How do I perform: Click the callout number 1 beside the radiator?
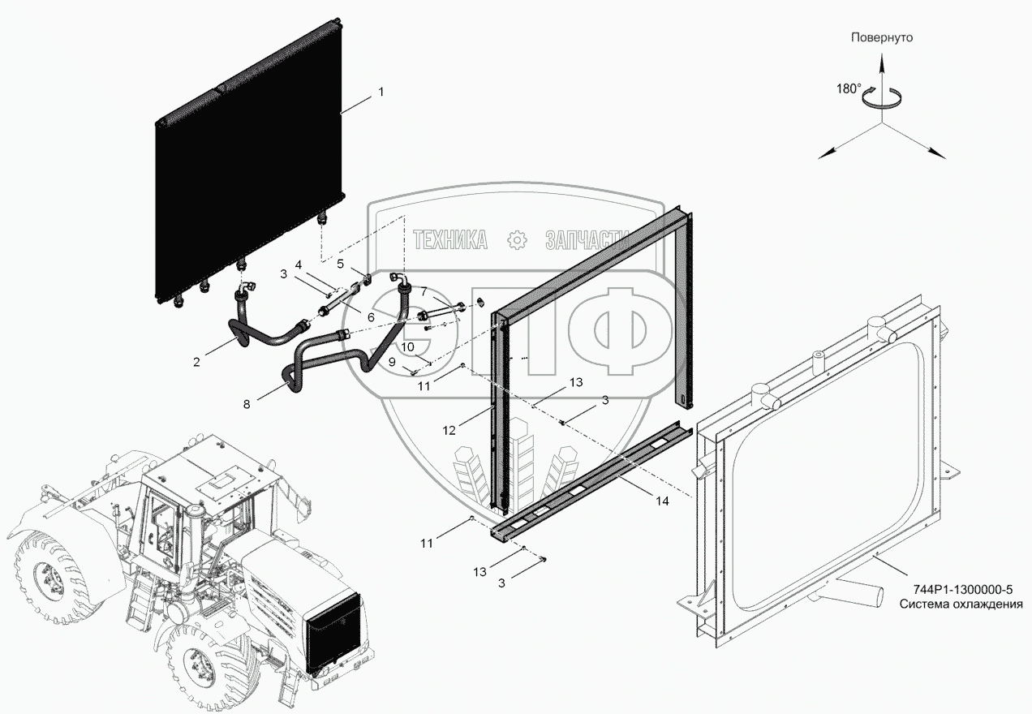tap(381, 92)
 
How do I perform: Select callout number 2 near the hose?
tap(196, 363)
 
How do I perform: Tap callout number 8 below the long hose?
tap(247, 404)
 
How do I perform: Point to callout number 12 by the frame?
tap(449, 431)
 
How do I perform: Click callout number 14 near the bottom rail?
tap(662, 501)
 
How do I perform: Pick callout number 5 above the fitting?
tap(341, 264)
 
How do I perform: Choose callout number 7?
tap(424, 291)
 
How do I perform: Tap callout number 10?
tap(408, 347)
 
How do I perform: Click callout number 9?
tap(392, 362)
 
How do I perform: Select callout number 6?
tap(371, 317)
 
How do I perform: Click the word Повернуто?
tap(882, 37)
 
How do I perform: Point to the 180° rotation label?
tap(849, 89)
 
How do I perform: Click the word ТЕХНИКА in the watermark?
tap(450, 240)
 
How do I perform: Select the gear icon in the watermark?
tap(517, 240)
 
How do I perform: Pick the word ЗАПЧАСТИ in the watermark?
tap(587, 240)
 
